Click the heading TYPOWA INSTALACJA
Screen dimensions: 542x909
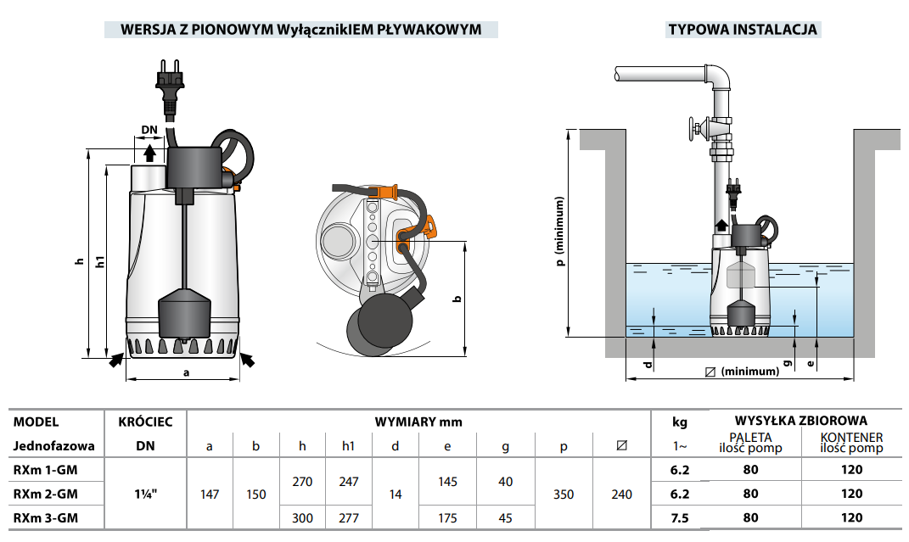coord(743,30)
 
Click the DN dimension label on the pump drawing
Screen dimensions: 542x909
coord(150,130)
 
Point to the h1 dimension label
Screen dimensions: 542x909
coord(100,263)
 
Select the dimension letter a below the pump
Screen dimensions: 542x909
coord(186,372)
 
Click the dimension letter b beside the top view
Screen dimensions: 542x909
coord(457,299)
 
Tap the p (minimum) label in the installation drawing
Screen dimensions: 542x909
coord(560,232)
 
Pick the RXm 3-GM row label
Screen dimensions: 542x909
coord(47,517)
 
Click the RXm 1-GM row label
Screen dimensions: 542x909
coord(47,469)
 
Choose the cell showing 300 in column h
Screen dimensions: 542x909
coord(302,517)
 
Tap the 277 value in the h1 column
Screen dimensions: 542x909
coord(348,517)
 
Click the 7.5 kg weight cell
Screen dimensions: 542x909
coord(680,517)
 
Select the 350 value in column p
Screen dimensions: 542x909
coord(564,493)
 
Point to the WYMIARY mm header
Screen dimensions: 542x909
coord(418,422)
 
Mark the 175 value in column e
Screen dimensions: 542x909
coord(447,517)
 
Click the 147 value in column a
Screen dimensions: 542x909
coord(210,493)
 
